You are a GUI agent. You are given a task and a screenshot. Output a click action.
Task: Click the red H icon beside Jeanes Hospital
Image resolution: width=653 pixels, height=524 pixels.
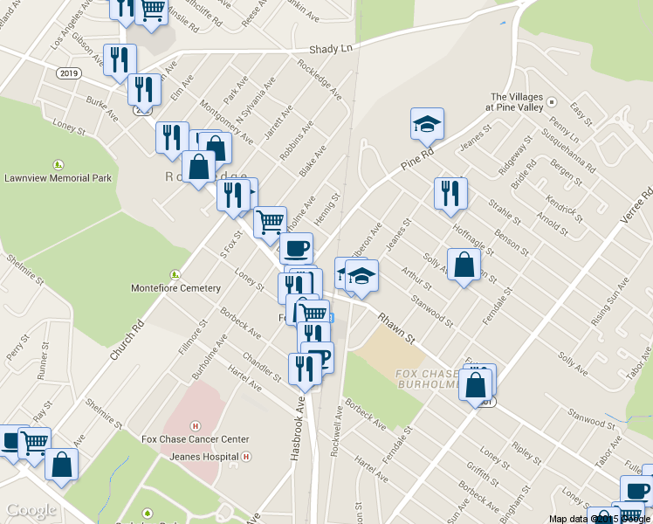click(247, 456)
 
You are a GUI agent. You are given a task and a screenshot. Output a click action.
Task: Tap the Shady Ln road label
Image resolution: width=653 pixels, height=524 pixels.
click(335, 49)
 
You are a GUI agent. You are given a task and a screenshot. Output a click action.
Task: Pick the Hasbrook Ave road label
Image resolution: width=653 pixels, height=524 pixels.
click(299, 417)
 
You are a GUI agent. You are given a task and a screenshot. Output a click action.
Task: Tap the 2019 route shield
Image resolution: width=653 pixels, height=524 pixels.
click(69, 72)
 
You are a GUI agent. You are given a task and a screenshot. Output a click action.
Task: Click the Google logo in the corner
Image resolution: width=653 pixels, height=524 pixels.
click(31, 511)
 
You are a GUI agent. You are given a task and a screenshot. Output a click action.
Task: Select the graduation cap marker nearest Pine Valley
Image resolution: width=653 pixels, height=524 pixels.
click(427, 124)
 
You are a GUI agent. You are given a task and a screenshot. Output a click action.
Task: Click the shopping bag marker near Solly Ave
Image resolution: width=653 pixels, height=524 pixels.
click(464, 265)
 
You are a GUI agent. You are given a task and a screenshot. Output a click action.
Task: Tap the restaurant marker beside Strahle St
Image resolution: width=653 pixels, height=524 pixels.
click(450, 195)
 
